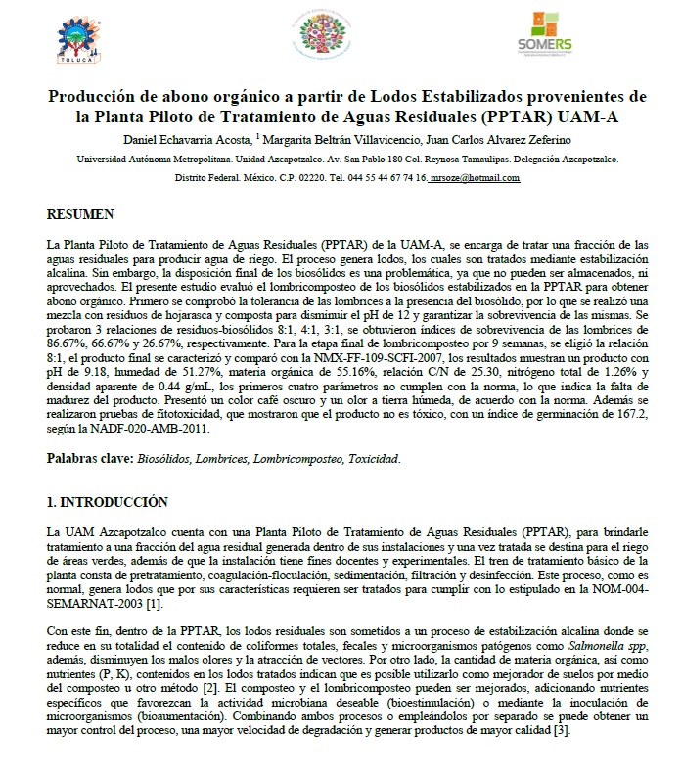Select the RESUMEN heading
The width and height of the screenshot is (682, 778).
click(x=81, y=213)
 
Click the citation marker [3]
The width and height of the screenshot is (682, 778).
click(x=561, y=730)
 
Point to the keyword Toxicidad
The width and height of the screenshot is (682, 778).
click(x=368, y=458)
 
